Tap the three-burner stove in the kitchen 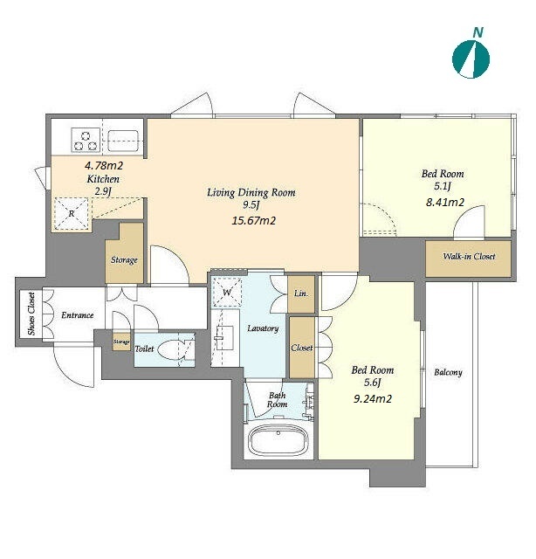86,141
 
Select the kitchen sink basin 123,141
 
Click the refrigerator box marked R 71,213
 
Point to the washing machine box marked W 227,293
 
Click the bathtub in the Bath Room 278,440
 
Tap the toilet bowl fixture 174,350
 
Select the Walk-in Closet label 469,256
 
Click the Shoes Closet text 31,314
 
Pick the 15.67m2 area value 253,221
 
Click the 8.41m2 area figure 445,203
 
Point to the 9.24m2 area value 373,398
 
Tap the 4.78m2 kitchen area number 104,165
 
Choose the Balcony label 448,373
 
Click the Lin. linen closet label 301,294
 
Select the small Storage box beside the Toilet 121,342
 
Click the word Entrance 78,315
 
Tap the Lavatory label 263,328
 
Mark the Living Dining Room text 251,192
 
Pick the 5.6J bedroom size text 373,383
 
